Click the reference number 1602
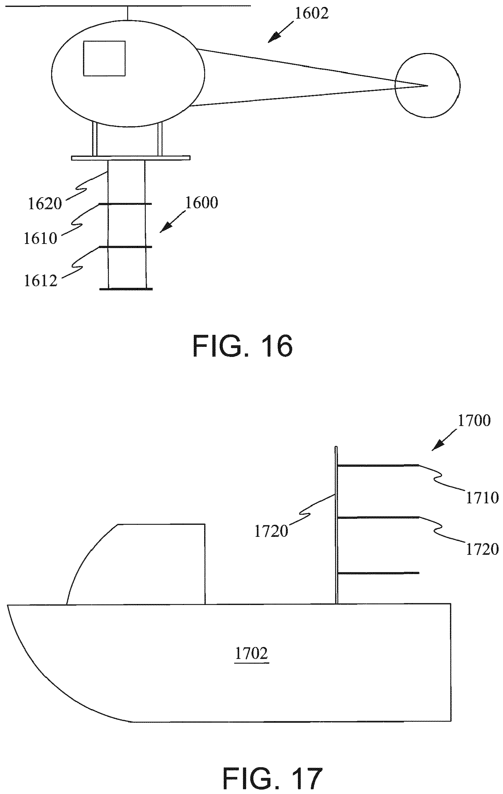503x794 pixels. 311,14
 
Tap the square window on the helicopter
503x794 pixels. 104,58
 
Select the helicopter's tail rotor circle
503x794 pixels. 428,85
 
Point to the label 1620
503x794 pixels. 45,204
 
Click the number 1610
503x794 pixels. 40,238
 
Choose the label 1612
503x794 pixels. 40,280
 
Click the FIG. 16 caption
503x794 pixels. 243,346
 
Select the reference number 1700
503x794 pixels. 474,420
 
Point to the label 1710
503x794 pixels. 482,498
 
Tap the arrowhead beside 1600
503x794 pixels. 166,227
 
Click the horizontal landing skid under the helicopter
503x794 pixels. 131,158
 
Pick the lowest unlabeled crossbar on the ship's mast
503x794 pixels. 379,573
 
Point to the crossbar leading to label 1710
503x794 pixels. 379,465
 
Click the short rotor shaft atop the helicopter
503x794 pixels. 127,13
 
